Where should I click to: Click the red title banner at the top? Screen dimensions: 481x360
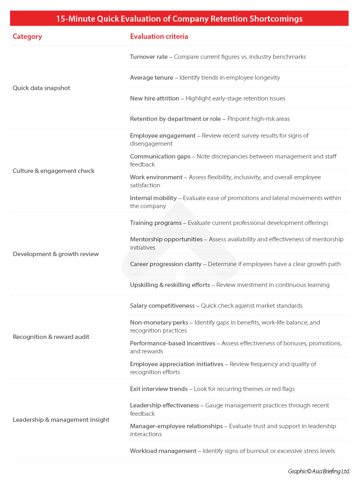click(179, 19)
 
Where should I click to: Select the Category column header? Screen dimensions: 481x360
click(27, 36)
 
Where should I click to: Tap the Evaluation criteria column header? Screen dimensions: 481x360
click(159, 36)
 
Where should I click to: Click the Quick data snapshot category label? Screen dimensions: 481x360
click(41, 88)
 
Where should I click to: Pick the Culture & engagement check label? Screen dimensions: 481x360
click(54, 171)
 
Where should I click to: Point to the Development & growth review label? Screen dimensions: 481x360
click(56, 254)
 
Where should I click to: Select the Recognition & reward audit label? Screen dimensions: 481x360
click(51, 337)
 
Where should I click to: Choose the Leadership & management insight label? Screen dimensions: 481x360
click(61, 420)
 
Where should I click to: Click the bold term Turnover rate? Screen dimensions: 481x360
click(149, 57)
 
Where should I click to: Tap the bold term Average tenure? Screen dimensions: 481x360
click(152, 78)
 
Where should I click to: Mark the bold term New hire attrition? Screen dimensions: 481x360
click(154, 98)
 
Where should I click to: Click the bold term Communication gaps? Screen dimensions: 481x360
click(160, 156)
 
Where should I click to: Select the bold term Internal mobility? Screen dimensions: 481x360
click(153, 198)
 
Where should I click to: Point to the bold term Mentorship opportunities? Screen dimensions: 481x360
click(166, 239)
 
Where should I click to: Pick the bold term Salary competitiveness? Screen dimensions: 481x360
click(162, 306)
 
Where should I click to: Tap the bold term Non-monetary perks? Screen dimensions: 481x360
click(159, 323)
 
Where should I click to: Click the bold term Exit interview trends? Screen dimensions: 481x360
click(158, 389)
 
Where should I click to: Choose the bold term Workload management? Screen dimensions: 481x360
click(163, 451)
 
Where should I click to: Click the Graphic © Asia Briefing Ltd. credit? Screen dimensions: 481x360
click(319, 471)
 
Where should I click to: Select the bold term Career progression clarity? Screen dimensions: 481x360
click(166, 264)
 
